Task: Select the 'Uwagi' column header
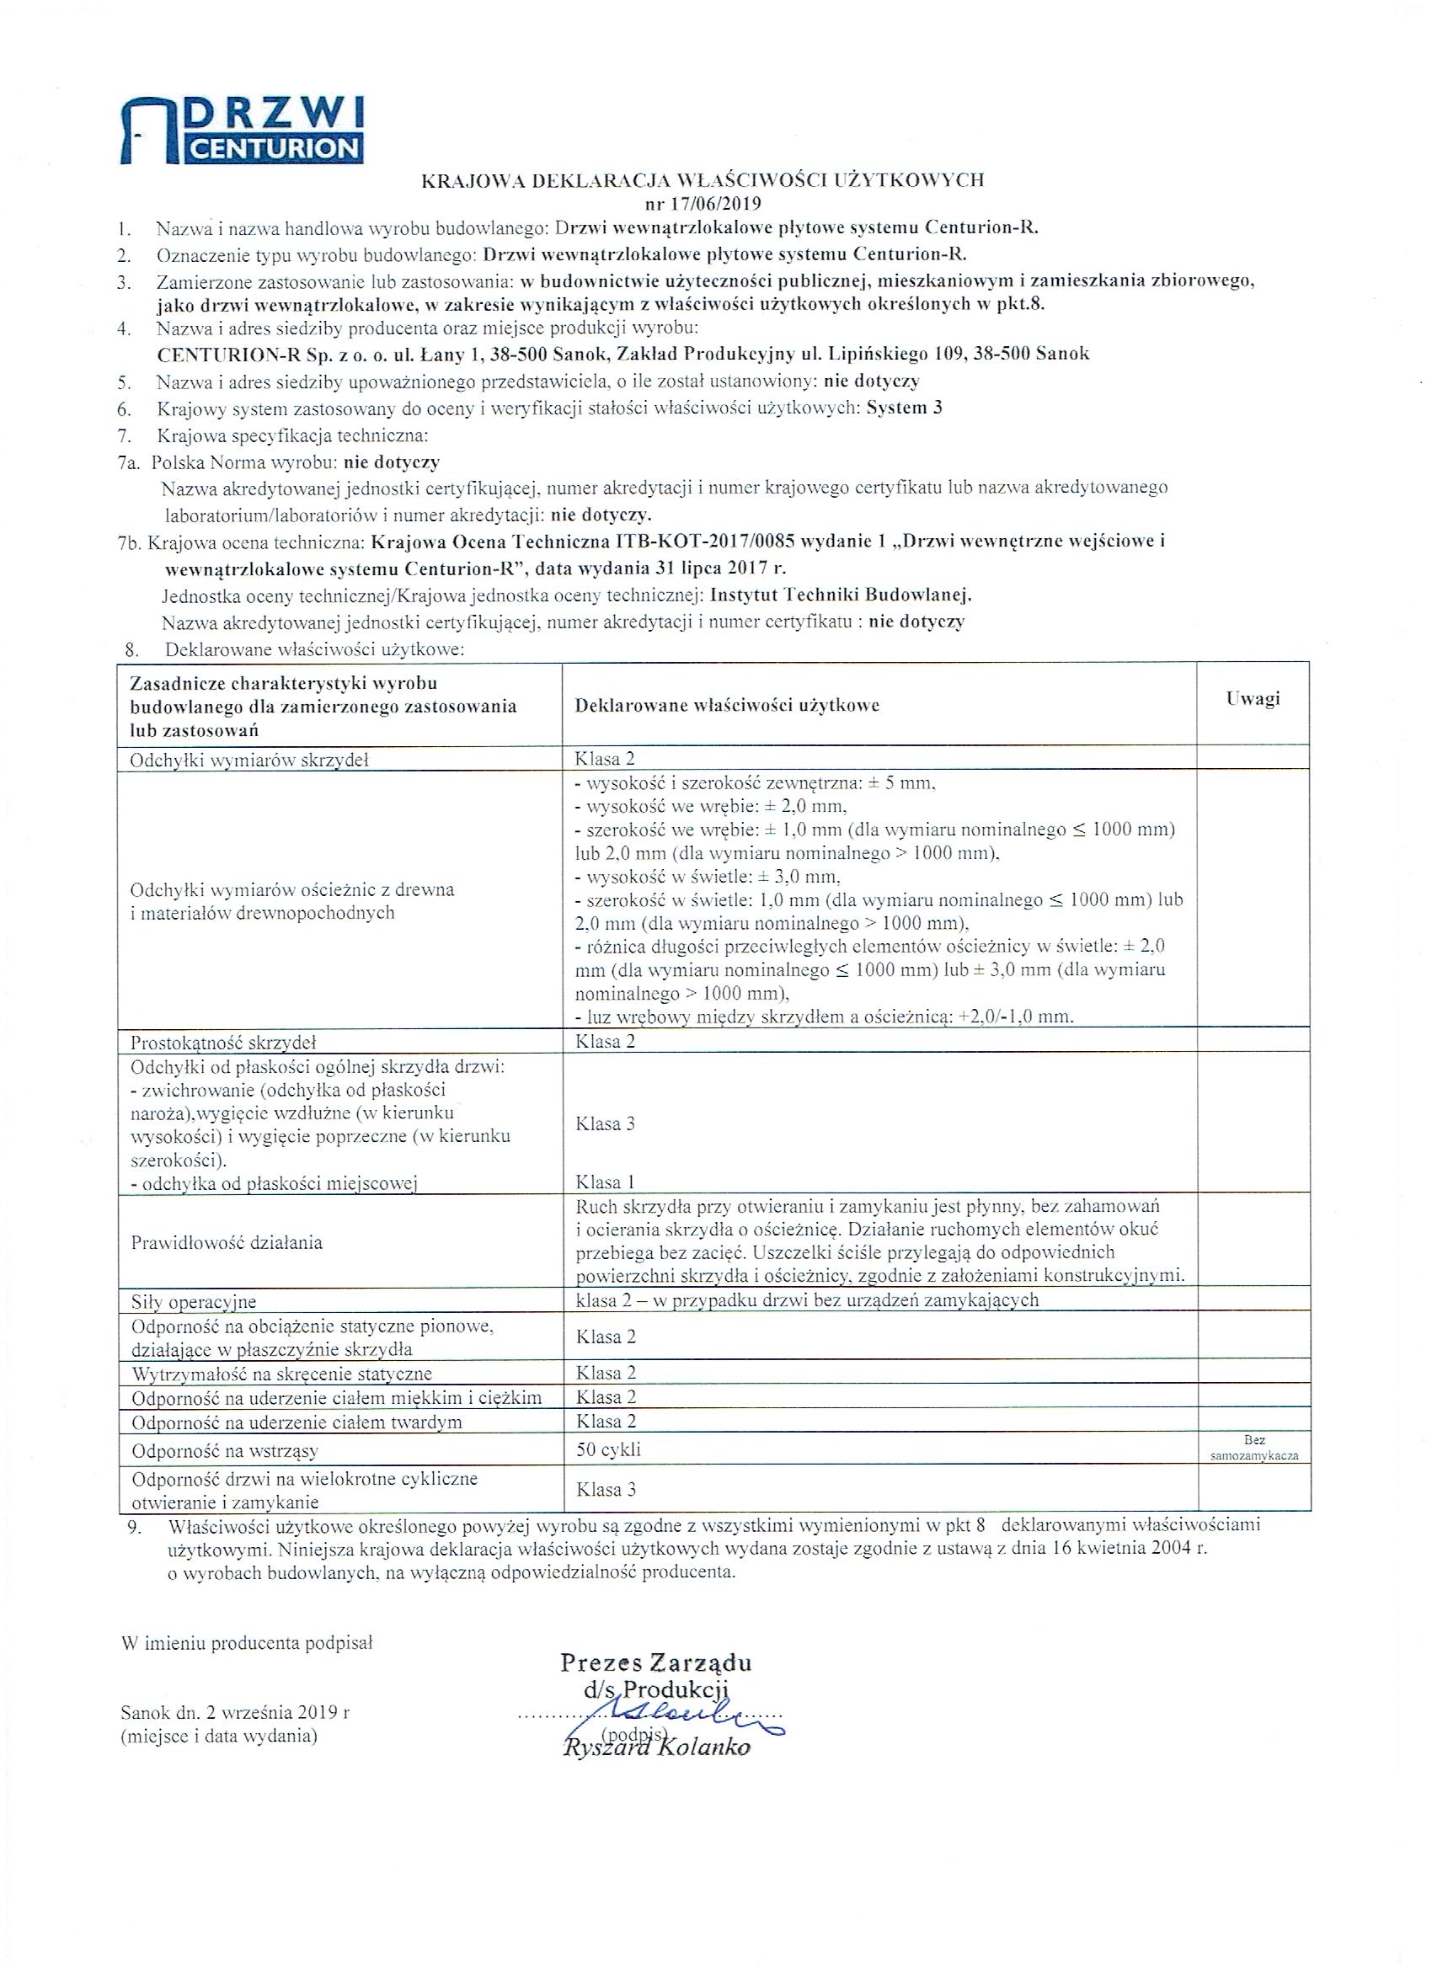[x=1253, y=699]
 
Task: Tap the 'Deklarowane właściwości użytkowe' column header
[x=726, y=705]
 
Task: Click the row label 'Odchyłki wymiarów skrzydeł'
[x=250, y=760]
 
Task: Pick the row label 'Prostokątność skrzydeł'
[x=221, y=1041]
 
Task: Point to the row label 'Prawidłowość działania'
[x=226, y=1242]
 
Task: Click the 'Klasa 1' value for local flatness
[x=605, y=1182]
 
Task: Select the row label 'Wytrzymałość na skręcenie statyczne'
[x=281, y=1374]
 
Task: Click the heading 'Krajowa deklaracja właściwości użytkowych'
[x=703, y=180]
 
